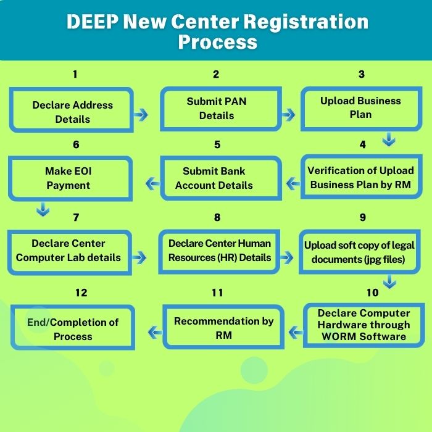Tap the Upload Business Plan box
pyautogui.click(x=360, y=107)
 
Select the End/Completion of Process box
pyautogui.click(x=72, y=329)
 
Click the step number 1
pyautogui.click(x=75, y=75)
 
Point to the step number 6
pyautogui.click(x=76, y=145)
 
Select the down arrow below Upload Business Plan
pyautogui.click(x=388, y=140)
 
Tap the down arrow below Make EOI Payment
pyautogui.click(x=43, y=210)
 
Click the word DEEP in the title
pyautogui.click(x=92, y=22)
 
